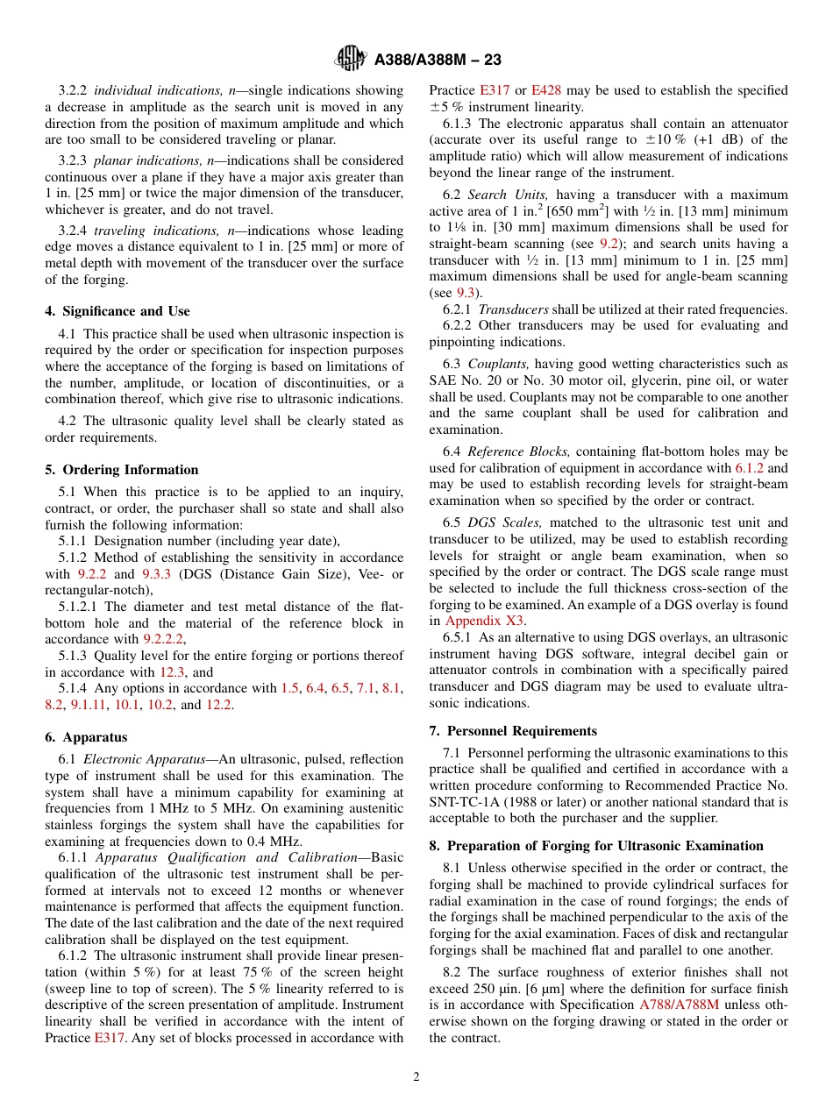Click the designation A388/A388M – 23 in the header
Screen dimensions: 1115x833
[438, 60]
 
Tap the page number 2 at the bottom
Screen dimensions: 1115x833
[416, 1077]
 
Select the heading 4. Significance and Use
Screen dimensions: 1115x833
[117, 311]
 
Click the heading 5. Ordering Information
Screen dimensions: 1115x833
[122, 470]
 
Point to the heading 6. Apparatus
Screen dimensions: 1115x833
[86, 737]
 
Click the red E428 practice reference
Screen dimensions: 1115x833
[546, 90]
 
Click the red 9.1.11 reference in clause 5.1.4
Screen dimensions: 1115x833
[88, 705]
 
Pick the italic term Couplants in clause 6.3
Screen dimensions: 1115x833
[498, 364]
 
